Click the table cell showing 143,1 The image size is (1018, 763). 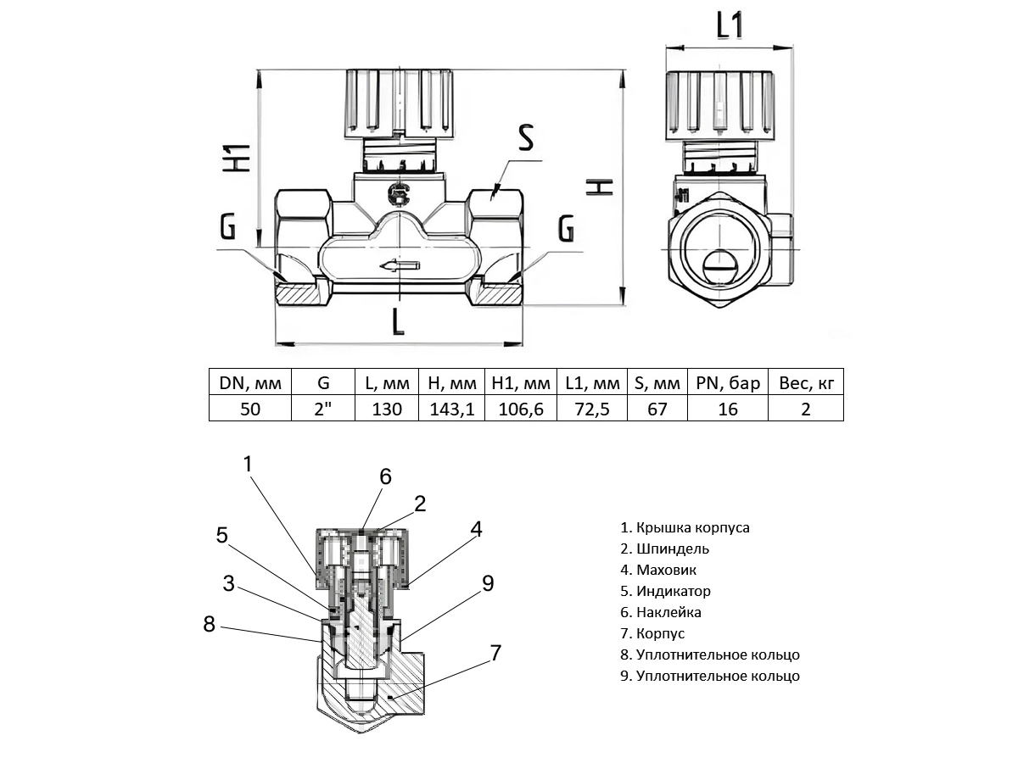(451, 409)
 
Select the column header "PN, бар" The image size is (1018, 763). (728, 382)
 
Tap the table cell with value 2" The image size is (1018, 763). (323, 409)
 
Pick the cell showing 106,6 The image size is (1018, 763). (520, 409)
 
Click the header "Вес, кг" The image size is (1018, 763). (806, 382)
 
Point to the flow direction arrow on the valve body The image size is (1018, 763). (400, 265)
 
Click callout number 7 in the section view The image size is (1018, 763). (495, 654)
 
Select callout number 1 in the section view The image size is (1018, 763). (248, 464)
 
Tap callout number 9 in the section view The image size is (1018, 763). (487, 583)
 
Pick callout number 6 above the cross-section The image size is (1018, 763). (385, 476)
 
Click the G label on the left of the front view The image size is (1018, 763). (227, 227)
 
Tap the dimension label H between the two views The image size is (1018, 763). (599, 187)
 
